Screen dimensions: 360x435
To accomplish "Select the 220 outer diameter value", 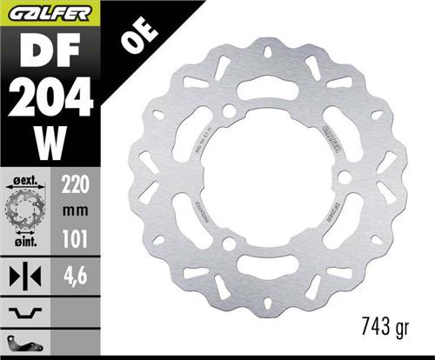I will (76, 183).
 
